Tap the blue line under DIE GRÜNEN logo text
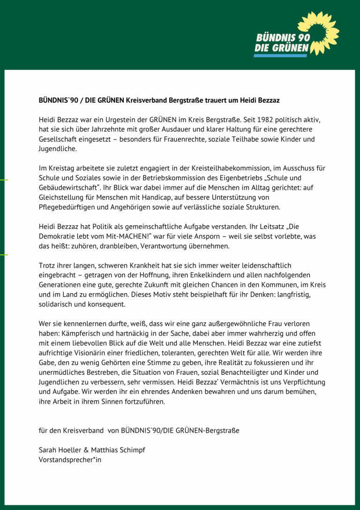pos(280,55)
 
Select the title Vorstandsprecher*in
pos(70,460)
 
